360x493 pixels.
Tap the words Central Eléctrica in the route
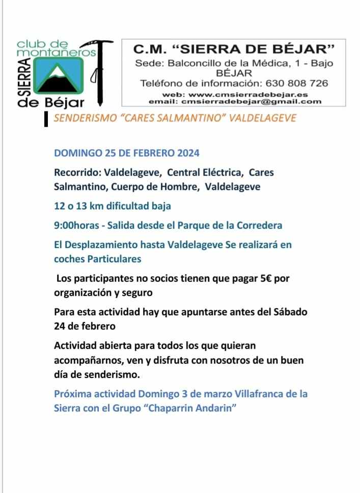pos(205,172)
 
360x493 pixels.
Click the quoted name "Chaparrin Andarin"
pos(192,408)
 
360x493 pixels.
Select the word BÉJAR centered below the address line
pos(234,73)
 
